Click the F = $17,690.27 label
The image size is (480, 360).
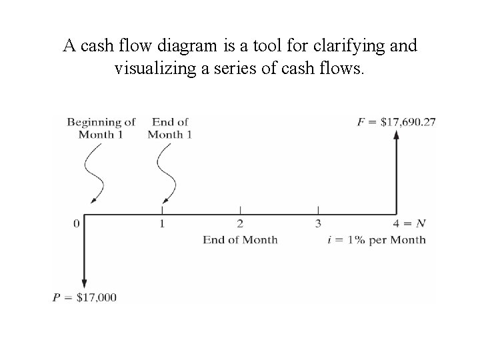click(397, 121)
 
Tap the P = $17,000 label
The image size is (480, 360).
click(85, 297)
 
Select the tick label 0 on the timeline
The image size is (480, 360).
click(77, 223)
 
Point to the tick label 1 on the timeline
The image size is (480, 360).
click(162, 223)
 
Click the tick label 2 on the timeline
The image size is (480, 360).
click(240, 223)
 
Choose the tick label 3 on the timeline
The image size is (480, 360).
click(318, 223)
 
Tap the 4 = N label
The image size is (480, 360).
click(409, 223)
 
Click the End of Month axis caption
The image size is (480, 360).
click(240, 239)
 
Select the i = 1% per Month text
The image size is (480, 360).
click(377, 239)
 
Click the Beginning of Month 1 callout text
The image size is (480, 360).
click(101, 128)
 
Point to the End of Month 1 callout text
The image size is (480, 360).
click(170, 128)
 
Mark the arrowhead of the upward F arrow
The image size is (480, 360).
click(397, 134)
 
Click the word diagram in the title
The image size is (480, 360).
click(186, 47)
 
